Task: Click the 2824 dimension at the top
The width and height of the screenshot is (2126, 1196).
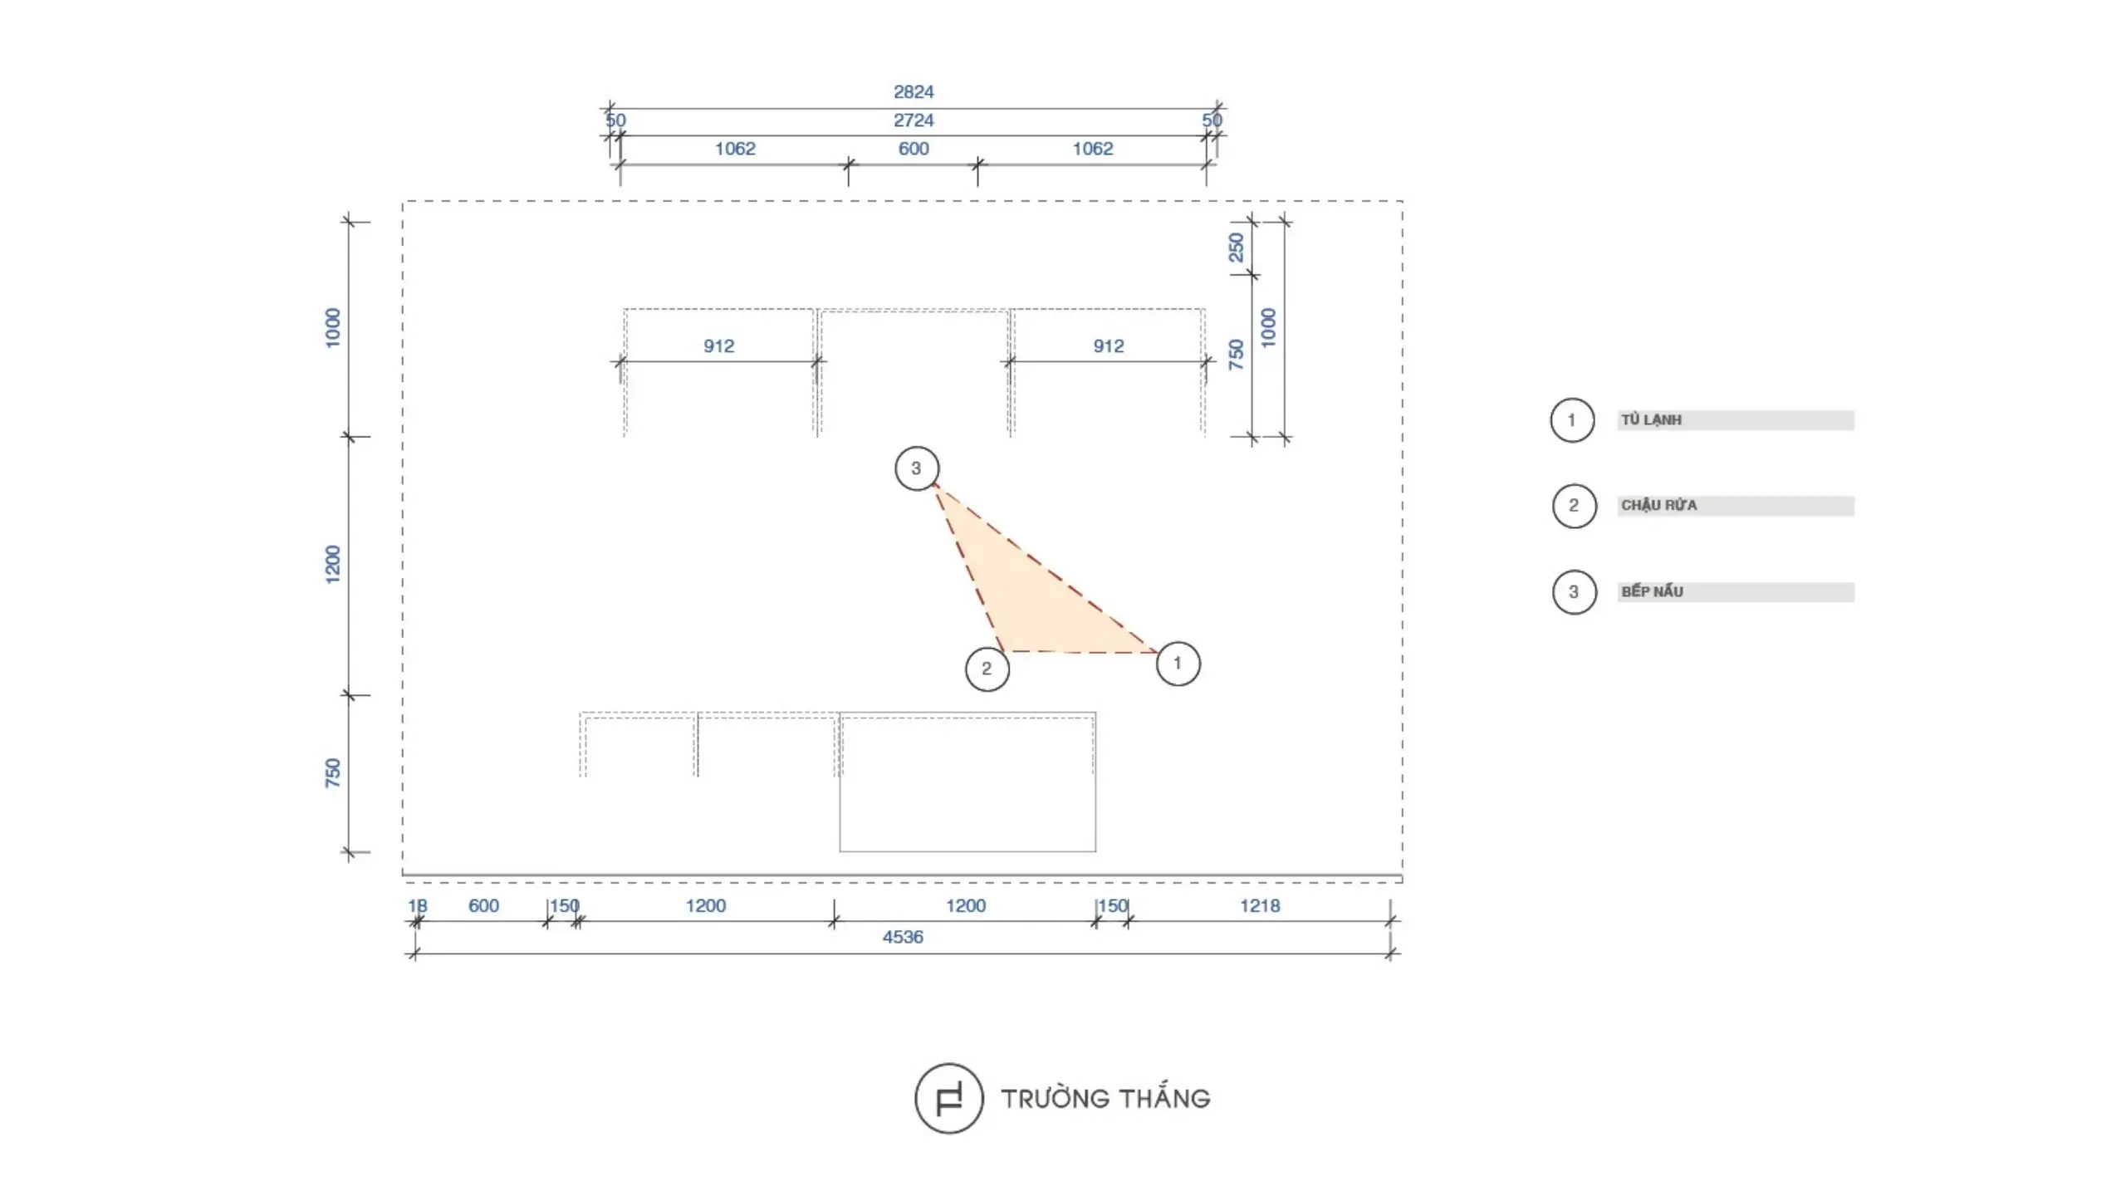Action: [914, 91]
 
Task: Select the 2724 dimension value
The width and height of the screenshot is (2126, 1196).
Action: [914, 120]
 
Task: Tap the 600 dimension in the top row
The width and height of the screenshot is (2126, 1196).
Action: [914, 149]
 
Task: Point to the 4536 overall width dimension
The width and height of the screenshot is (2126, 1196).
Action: [903, 937]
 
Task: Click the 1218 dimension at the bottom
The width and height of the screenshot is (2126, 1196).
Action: [1260, 905]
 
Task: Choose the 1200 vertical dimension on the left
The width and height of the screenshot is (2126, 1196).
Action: [333, 564]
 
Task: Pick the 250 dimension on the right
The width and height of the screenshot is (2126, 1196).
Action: [1237, 247]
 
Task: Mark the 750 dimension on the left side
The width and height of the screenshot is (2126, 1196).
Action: [333, 772]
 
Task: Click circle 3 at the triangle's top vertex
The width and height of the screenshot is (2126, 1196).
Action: [917, 468]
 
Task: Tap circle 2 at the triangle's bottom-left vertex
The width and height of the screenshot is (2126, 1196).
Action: [987, 669]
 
